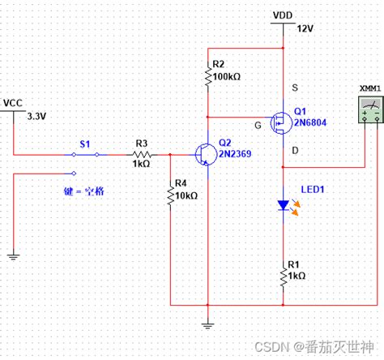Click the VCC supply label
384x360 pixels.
click(x=14, y=102)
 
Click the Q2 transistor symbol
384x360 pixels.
click(x=205, y=152)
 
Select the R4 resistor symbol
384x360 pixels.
click(x=170, y=196)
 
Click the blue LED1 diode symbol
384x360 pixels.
click(x=283, y=206)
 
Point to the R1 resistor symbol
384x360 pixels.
click(x=283, y=276)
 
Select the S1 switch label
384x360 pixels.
click(x=84, y=143)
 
